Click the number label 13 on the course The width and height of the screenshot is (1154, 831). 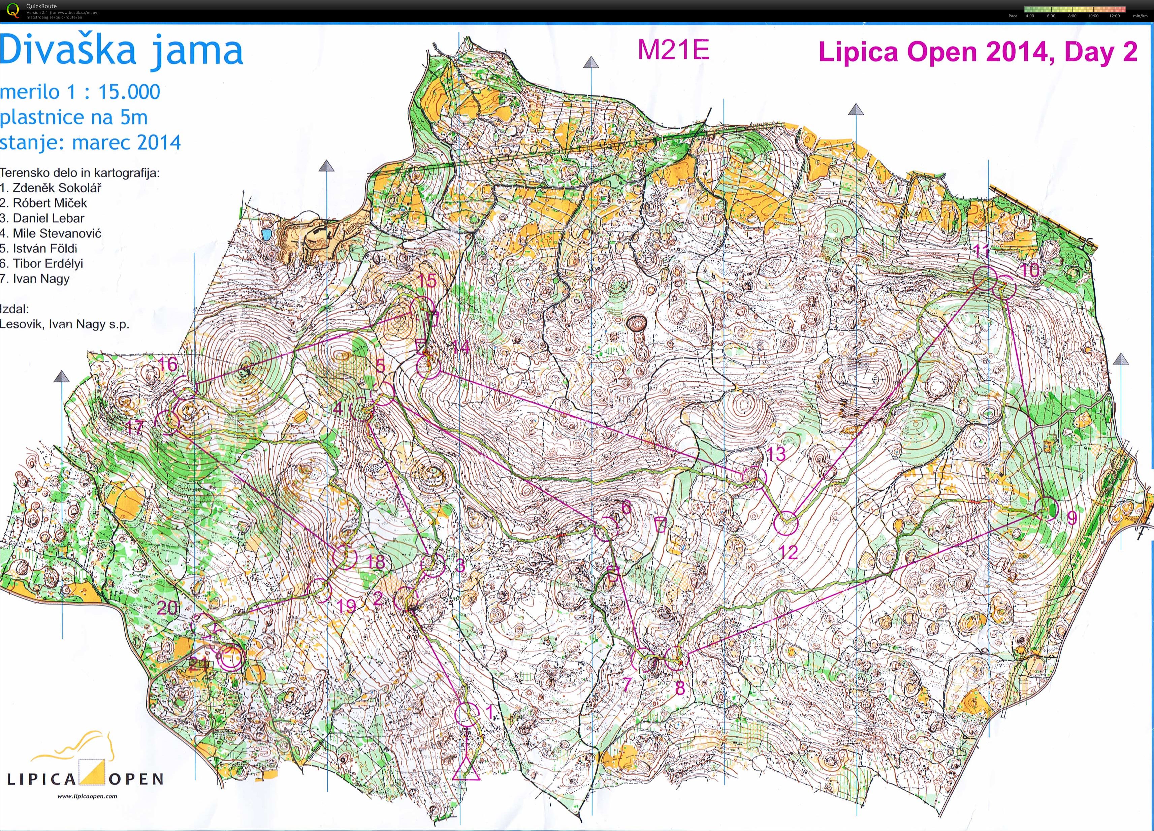tap(776, 453)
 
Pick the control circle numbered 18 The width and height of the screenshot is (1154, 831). tap(345, 556)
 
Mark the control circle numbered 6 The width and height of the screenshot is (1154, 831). tap(606, 529)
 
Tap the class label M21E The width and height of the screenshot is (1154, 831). tap(673, 50)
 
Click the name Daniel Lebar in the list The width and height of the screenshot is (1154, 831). tap(49, 218)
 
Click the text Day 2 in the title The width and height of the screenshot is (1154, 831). tap(1101, 53)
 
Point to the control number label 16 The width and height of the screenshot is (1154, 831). tap(168, 364)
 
